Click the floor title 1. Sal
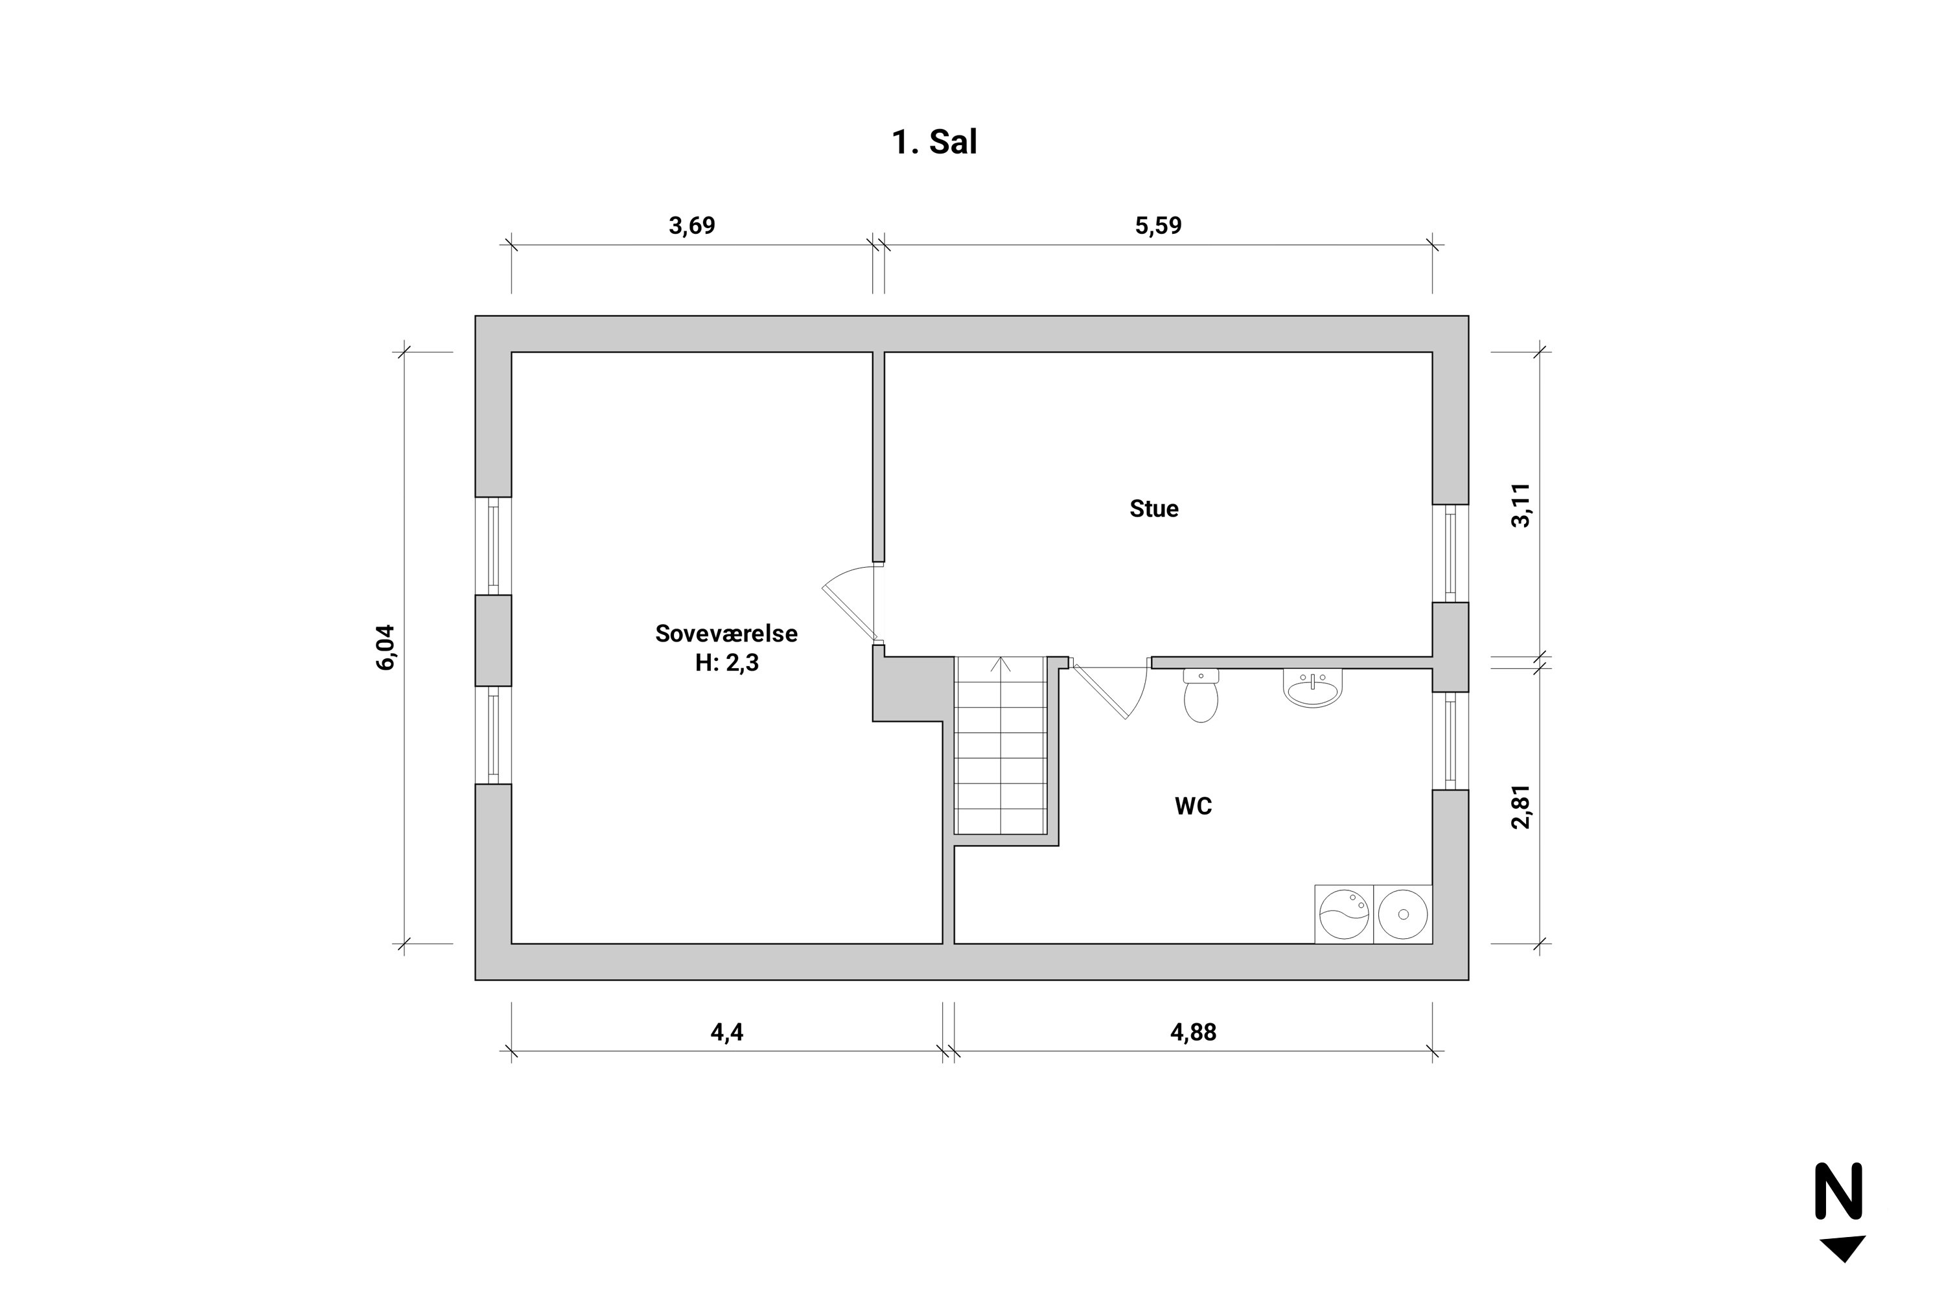click(934, 142)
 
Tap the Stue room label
click(1154, 508)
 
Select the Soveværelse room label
click(726, 633)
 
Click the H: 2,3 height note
click(726, 663)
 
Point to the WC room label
click(1193, 806)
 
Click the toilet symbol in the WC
click(1200, 696)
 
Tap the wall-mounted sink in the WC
click(1313, 688)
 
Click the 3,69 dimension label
click(692, 225)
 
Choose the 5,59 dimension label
click(1158, 225)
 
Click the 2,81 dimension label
click(1521, 806)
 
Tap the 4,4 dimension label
click(726, 1032)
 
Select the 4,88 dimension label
click(1193, 1032)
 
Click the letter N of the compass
click(1839, 1191)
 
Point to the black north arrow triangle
click(1842, 1245)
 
